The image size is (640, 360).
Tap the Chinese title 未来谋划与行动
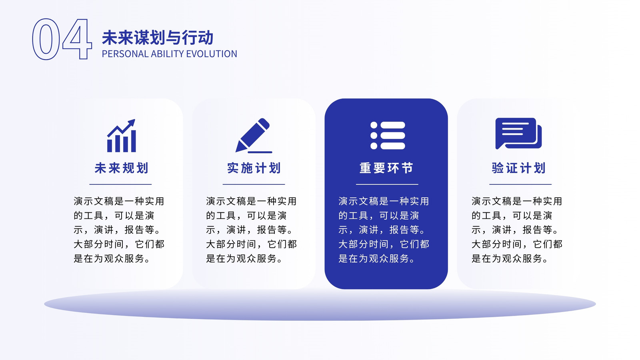158,38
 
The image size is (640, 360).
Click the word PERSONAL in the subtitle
125,54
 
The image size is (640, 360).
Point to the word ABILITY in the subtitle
167,54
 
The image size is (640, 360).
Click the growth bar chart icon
122,136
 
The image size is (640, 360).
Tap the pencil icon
254,136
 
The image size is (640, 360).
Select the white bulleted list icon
388,136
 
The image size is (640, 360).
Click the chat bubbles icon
518,134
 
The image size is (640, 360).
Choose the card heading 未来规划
122,168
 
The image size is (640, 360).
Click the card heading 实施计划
254,168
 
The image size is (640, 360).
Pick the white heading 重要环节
386,168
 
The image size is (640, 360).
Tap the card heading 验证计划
519,168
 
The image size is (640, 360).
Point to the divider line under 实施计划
254,184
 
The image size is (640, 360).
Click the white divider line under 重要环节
387,184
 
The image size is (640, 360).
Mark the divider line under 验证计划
520,184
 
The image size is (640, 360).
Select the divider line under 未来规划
120,184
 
